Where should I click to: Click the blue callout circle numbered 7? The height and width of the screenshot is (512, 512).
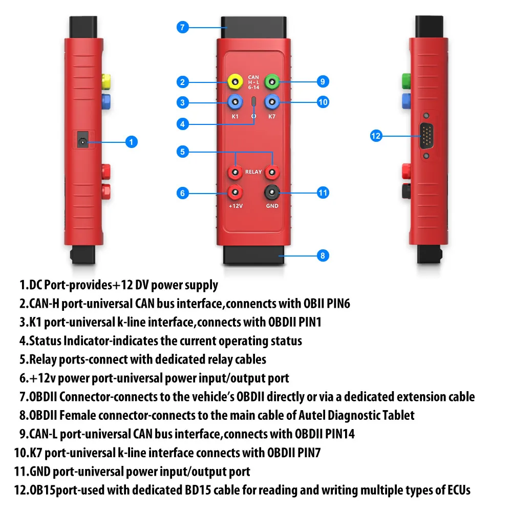[x=183, y=27]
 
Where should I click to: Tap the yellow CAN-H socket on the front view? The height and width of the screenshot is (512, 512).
[x=235, y=81]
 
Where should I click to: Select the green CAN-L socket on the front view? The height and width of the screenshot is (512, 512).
[x=272, y=81]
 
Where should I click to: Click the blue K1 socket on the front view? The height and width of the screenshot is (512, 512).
[x=235, y=102]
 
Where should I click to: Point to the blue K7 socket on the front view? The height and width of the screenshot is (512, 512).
[x=272, y=102]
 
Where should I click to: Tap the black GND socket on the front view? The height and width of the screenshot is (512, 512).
[x=271, y=193]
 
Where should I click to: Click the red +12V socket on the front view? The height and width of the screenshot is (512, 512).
[x=235, y=193]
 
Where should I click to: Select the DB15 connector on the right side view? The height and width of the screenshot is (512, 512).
[x=426, y=136]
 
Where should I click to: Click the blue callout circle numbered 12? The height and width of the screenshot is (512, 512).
[x=376, y=136]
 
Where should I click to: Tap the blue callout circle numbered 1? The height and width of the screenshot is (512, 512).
[x=132, y=142]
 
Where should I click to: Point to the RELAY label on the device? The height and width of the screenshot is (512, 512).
[x=253, y=173]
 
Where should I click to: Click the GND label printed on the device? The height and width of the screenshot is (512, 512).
[x=272, y=206]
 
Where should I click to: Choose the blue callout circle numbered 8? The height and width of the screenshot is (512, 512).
[x=322, y=255]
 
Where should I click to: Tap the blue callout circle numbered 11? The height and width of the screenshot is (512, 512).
[x=323, y=193]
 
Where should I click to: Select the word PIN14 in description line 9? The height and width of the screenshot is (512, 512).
[x=338, y=434]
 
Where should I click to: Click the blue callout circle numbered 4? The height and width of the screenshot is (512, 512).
[x=183, y=124]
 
